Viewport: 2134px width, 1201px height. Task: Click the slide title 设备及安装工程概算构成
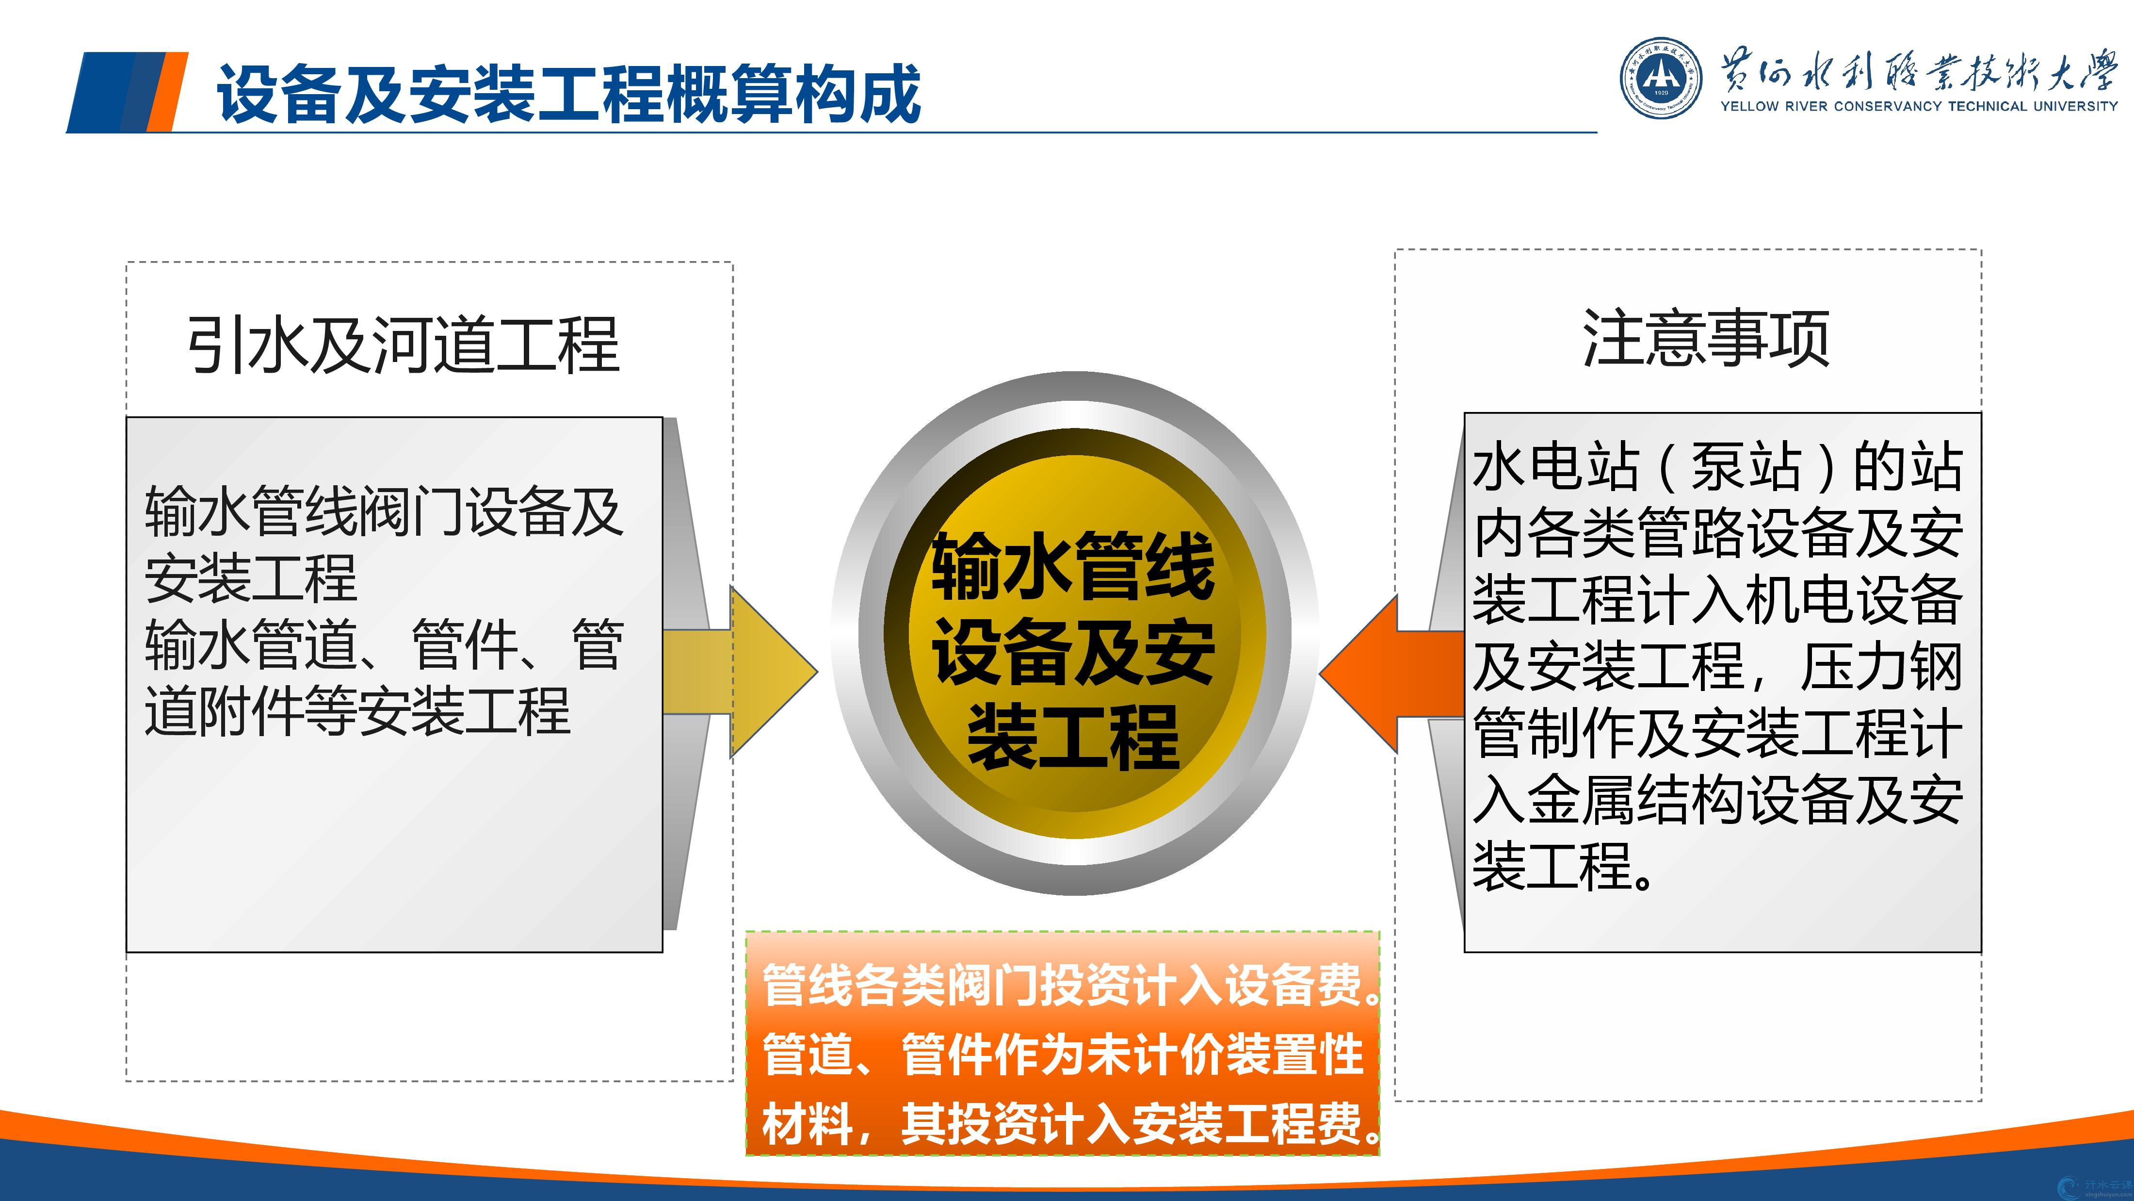[x=568, y=94]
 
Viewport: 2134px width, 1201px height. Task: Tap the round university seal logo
[x=1661, y=78]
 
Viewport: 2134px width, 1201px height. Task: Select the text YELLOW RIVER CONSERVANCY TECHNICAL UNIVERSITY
[x=1919, y=106]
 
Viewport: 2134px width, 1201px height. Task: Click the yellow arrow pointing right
[x=740, y=672]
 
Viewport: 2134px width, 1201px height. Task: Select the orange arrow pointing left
[x=1392, y=674]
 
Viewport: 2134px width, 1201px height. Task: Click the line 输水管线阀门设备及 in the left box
[x=384, y=511]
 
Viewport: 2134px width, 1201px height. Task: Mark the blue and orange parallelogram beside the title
[x=127, y=92]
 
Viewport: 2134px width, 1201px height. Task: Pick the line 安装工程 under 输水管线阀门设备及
[x=251, y=578]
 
